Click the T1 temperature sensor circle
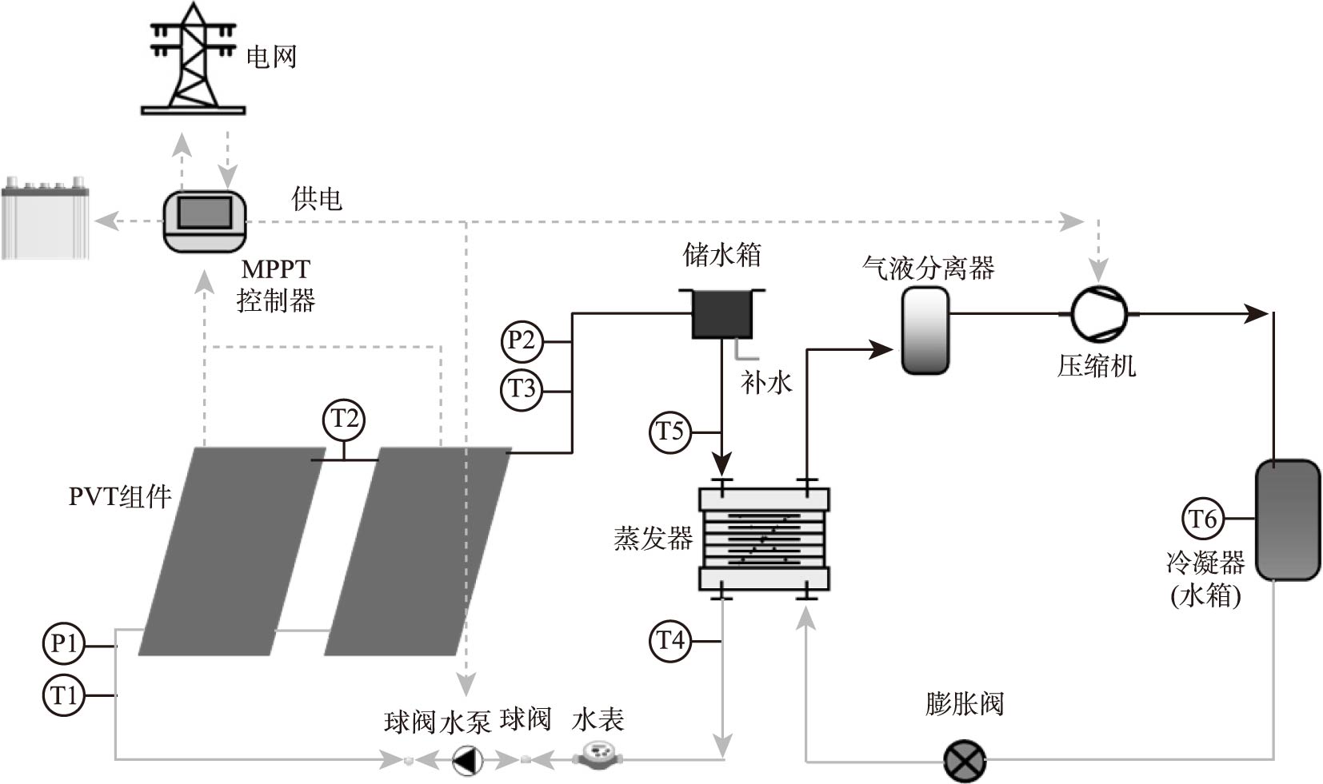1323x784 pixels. pyautogui.click(x=63, y=695)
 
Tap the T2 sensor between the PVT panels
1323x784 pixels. pyautogui.click(x=344, y=419)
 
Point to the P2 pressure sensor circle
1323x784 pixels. pyautogui.click(x=522, y=340)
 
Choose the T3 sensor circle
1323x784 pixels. pyautogui.click(x=522, y=390)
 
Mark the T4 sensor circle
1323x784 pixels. pyautogui.click(x=670, y=641)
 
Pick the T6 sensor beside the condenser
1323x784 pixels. pyautogui.click(x=1202, y=519)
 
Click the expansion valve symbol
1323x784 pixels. pyautogui.click(x=965, y=761)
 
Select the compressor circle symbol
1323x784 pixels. pyautogui.click(x=1099, y=314)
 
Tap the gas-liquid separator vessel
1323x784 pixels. pyautogui.click(x=925, y=330)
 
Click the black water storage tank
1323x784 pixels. pyautogui.click(x=721, y=313)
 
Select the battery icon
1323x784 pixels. pyautogui.click(x=46, y=219)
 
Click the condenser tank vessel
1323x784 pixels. pyautogui.click(x=1286, y=519)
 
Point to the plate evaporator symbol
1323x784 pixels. pyautogui.click(x=764, y=539)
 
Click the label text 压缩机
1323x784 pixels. pyautogui.click(x=1096, y=367)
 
